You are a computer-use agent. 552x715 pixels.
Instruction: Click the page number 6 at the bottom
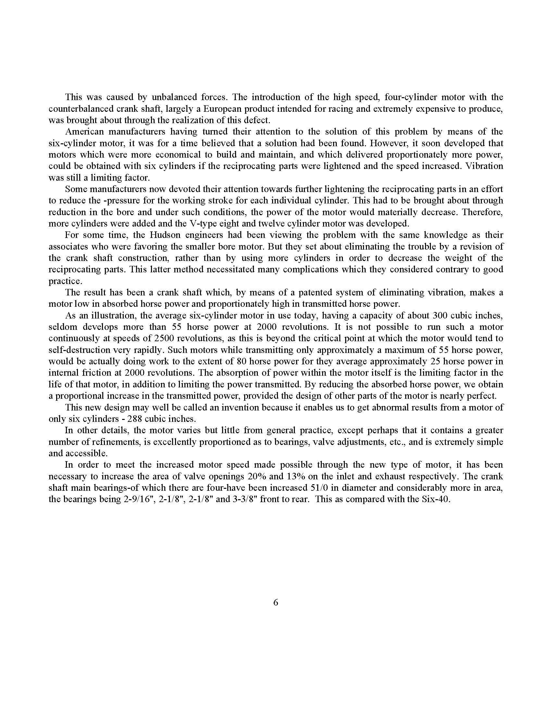(275, 602)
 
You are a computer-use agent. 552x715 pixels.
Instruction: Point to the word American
(84, 132)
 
